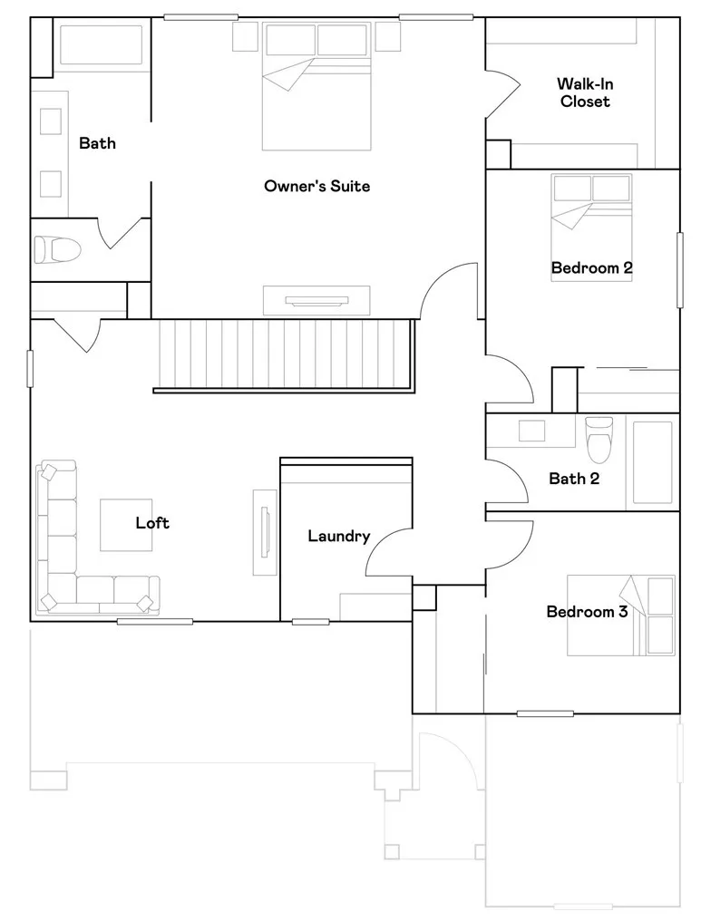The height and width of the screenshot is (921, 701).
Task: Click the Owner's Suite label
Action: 316,187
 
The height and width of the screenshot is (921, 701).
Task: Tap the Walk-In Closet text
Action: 584,93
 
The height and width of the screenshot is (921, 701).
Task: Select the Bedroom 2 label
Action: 591,268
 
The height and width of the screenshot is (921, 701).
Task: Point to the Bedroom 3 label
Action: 586,612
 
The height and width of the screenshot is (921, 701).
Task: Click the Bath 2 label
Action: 573,479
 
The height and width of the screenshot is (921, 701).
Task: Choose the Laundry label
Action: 338,537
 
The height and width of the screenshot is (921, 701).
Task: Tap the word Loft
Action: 152,523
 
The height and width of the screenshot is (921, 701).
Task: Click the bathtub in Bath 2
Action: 652,462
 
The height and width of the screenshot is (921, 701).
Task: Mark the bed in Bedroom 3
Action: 621,615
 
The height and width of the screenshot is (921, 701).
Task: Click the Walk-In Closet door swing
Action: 501,95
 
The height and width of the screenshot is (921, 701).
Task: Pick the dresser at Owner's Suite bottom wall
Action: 316,300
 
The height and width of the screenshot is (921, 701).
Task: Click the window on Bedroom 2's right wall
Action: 679,269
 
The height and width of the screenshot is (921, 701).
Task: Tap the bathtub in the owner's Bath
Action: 102,44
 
